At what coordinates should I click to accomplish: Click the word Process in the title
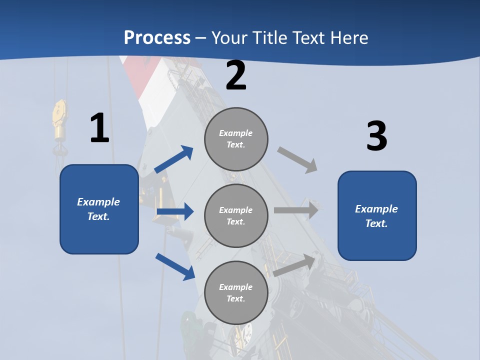click(157, 37)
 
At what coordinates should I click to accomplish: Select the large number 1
click(99, 128)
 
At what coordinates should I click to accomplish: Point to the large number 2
click(236, 76)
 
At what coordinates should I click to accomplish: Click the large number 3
click(376, 136)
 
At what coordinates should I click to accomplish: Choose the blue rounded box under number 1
click(99, 209)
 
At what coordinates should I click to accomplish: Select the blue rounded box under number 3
click(377, 215)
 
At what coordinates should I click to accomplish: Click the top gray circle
click(236, 139)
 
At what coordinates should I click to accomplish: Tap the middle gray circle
click(236, 215)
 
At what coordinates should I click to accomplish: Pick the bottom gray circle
click(236, 292)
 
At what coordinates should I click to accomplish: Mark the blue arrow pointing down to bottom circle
click(175, 266)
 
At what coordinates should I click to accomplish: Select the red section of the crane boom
click(138, 75)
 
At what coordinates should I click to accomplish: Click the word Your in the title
click(230, 37)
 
